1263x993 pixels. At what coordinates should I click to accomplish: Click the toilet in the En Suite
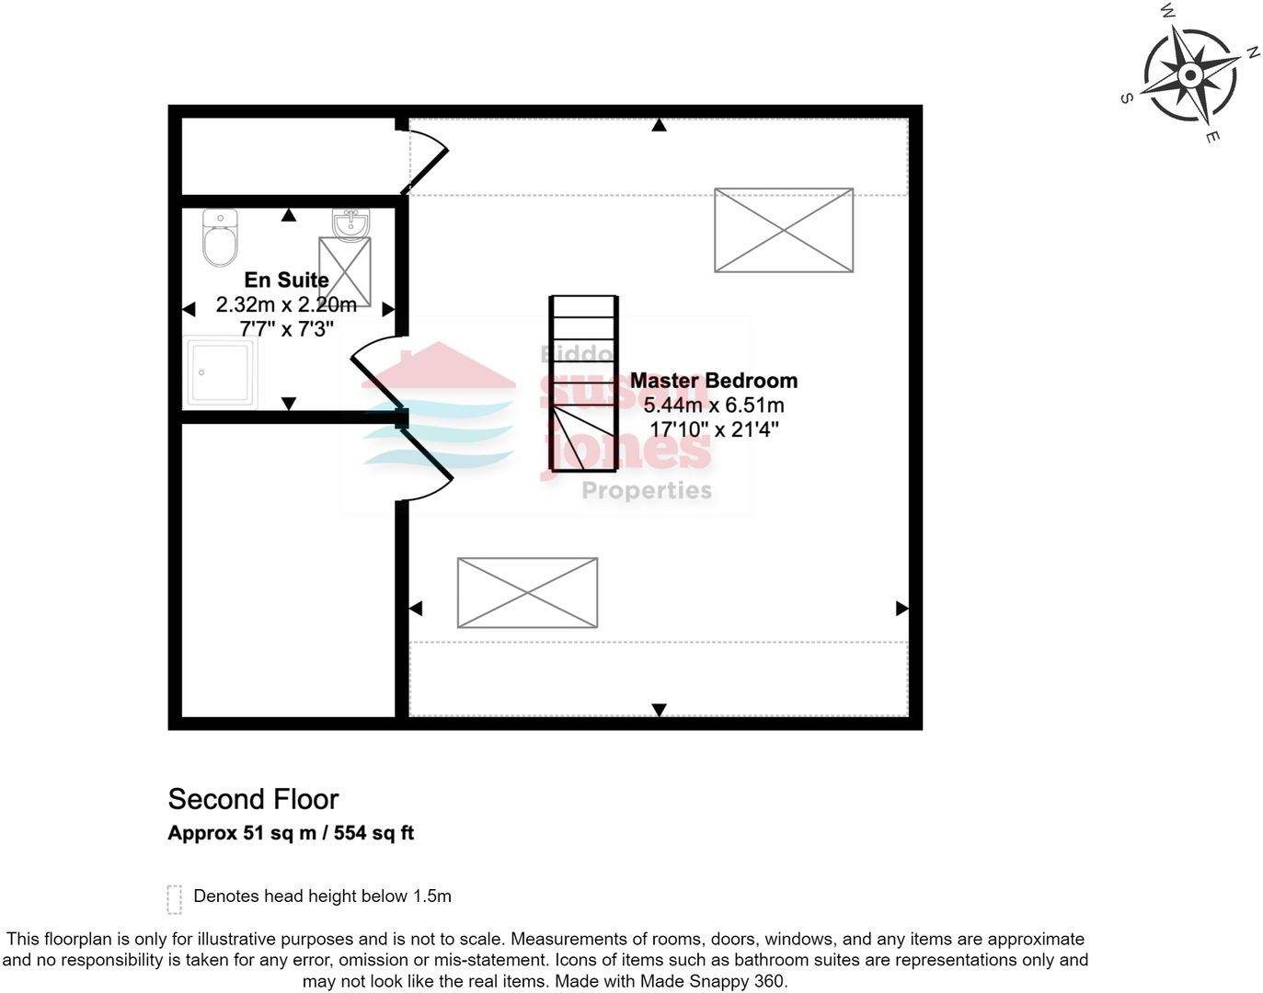coord(220,238)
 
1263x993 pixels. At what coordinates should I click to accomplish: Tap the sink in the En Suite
coord(350,224)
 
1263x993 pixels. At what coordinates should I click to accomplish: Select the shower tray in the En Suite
coord(221,372)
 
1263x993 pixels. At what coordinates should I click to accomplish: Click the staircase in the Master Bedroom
coord(583,382)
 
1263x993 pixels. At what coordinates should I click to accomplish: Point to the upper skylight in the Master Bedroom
coord(784,230)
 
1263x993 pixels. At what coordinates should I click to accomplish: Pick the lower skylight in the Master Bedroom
coord(527,593)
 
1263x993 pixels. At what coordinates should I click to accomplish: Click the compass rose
coord(1189,75)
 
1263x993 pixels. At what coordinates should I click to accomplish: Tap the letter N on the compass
coord(1252,53)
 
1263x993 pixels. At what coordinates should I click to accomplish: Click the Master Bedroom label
coord(713,381)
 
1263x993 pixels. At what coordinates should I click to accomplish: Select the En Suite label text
coord(286,280)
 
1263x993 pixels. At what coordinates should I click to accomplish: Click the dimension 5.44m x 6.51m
coord(713,405)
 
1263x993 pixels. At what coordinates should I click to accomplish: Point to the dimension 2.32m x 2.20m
coord(286,304)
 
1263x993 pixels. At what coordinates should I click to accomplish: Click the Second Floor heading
coord(253,799)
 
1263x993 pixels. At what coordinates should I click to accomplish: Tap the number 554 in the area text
coord(350,833)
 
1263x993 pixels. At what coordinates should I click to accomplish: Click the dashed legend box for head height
coord(174,899)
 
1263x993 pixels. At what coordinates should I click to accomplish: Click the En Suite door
coord(377,373)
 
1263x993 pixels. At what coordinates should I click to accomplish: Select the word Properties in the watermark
coord(647,491)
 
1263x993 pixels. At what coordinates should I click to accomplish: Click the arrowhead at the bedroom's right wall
coord(901,608)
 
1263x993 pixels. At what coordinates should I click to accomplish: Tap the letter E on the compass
coord(1212,137)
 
